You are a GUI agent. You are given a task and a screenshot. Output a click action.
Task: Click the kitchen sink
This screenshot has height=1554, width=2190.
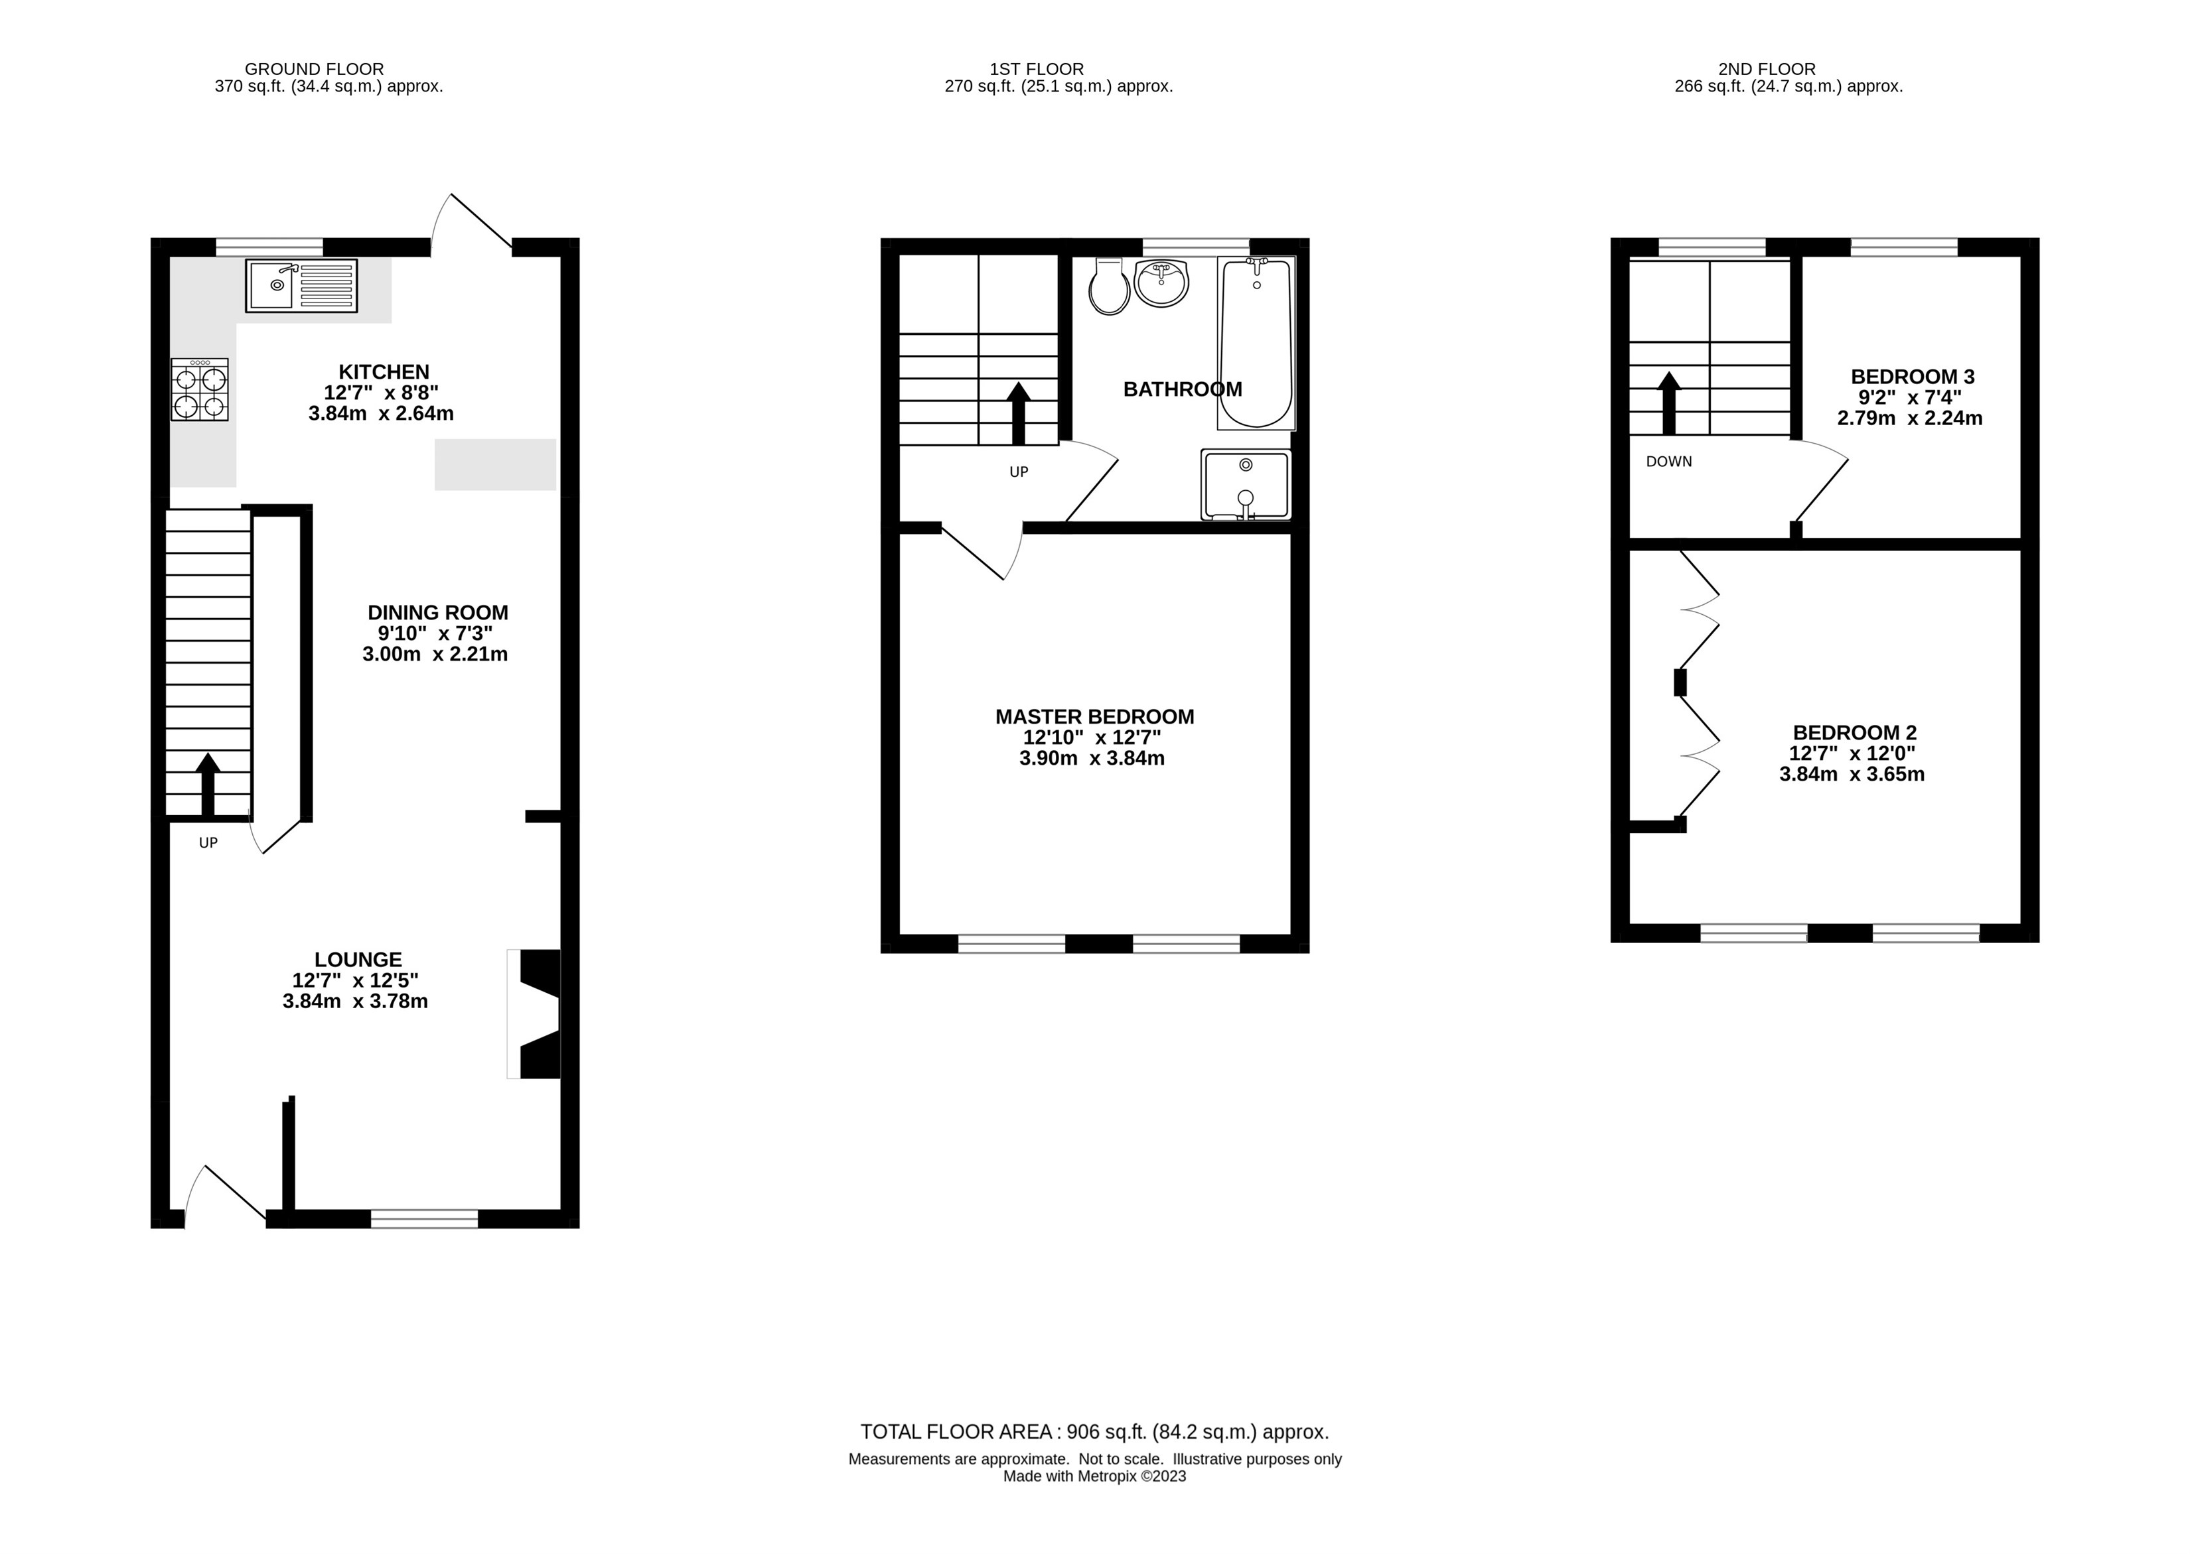pos(301,285)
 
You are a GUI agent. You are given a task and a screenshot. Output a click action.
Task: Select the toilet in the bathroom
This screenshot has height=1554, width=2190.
pos(1110,286)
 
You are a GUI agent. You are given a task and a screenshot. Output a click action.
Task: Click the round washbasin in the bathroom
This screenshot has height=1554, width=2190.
pos(1161,283)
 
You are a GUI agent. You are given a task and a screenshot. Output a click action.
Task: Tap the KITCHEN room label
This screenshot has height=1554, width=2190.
pos(384,371)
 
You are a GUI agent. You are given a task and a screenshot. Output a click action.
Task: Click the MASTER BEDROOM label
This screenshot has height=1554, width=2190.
pos(1095,717)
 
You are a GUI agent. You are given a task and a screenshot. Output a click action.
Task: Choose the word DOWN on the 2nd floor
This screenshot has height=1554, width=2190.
pos(1669,461)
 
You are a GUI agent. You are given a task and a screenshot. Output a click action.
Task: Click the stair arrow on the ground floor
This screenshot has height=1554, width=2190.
pos(208,785)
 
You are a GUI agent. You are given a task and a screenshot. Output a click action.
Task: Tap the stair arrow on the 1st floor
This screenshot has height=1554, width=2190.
pos(1019,413)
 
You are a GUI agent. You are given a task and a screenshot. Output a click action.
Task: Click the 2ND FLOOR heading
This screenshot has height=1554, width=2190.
pos(1767,69)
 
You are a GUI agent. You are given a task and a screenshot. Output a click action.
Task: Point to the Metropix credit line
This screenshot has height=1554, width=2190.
pos(1095,1476)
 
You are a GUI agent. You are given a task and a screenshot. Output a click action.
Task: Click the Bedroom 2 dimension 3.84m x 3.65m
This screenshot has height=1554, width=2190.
pos(1852,774)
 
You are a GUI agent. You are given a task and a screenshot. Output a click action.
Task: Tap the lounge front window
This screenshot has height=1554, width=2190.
pos(424,1218)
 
